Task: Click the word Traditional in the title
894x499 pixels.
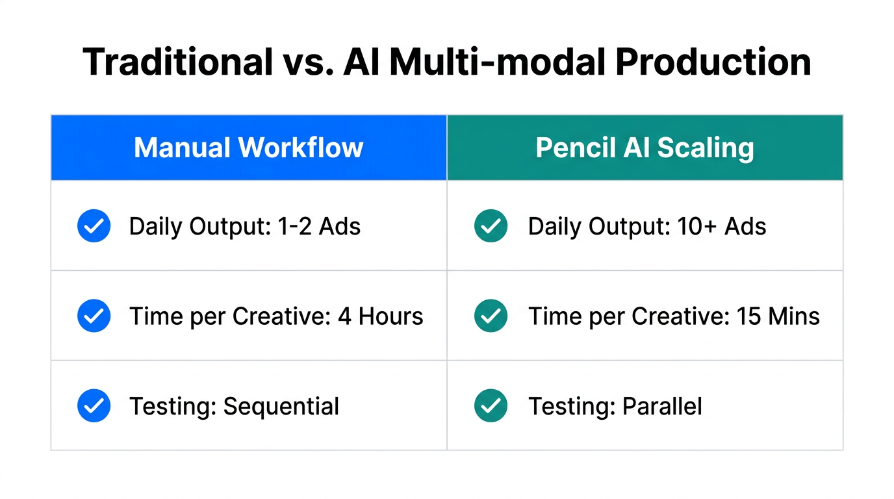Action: [178, 63]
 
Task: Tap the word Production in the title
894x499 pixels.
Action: [712, 63]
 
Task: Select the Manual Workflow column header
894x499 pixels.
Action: [248, 148]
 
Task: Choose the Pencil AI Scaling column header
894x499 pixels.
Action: [645, 148]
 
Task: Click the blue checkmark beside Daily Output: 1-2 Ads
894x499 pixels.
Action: [94, 226]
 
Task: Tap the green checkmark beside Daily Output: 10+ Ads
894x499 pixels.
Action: [491, 226]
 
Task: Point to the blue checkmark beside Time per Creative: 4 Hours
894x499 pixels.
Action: [94, 316]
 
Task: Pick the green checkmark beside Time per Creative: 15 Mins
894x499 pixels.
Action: [491, 316]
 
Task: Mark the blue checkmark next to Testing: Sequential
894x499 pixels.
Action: [94, 406]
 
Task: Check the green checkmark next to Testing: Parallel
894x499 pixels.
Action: [491, 406]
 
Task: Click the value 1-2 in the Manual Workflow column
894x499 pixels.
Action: [291, 226]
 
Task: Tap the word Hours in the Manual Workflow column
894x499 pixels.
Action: [390, 316]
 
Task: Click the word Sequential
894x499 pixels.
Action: [281, 406]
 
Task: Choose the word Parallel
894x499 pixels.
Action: [662, 406]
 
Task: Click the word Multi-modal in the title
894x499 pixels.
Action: [497, 63]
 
